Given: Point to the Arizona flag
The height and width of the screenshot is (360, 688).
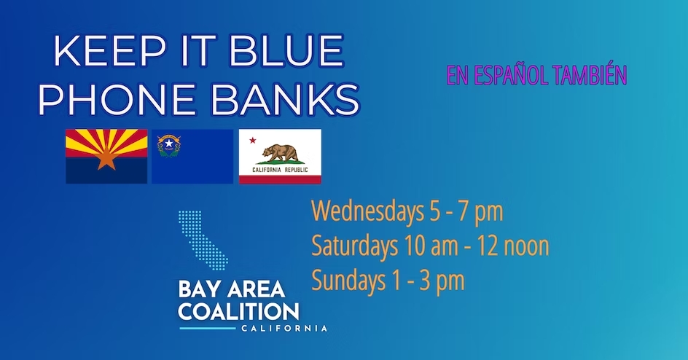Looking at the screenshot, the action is tap(106, 156).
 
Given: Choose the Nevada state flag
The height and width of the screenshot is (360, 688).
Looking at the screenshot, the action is tap(192, 156).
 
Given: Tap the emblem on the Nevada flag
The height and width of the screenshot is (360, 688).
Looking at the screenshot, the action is tap(169, 146).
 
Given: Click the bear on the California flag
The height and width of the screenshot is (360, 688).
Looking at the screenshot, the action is tap(281, 153).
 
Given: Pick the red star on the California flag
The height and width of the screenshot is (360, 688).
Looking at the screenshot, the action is tap(253, 141).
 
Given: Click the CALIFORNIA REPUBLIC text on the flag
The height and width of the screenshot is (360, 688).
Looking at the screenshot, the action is tap(280, 170).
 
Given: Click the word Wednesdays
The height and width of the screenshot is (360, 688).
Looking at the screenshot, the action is tap(366, 211).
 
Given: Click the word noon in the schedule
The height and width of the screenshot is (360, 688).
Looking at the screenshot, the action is tap(526, 246).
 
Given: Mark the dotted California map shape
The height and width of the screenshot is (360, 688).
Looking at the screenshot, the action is tap(203, 239).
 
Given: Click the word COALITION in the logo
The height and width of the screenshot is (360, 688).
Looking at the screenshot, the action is tap(239, 312).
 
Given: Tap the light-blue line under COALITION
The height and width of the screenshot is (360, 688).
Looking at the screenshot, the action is tap(207, 328).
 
